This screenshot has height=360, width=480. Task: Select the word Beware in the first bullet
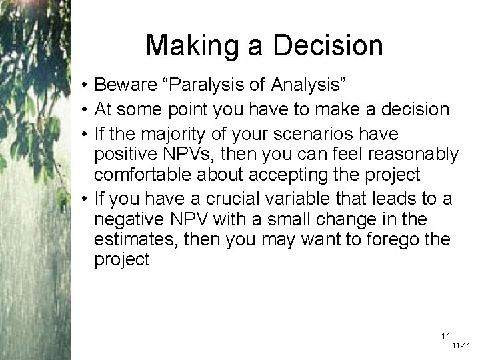pyautogui.click(x=129, y=85)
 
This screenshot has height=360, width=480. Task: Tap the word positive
pyautogui.click(x=127, y=155)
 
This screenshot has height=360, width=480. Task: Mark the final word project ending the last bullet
pyautogui.click(x=122, y=259)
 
